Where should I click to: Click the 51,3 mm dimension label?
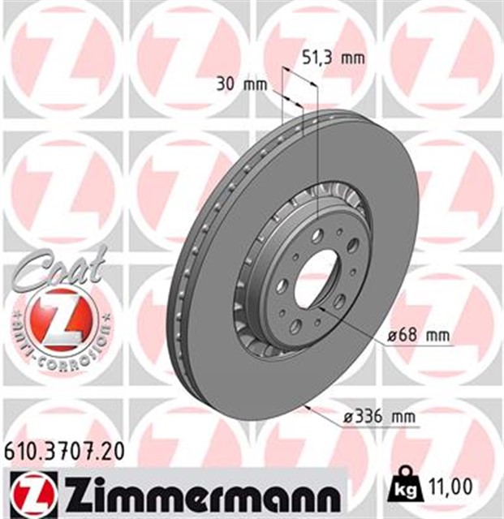click(333, 58)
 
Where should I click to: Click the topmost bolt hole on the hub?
click(317, 235)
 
